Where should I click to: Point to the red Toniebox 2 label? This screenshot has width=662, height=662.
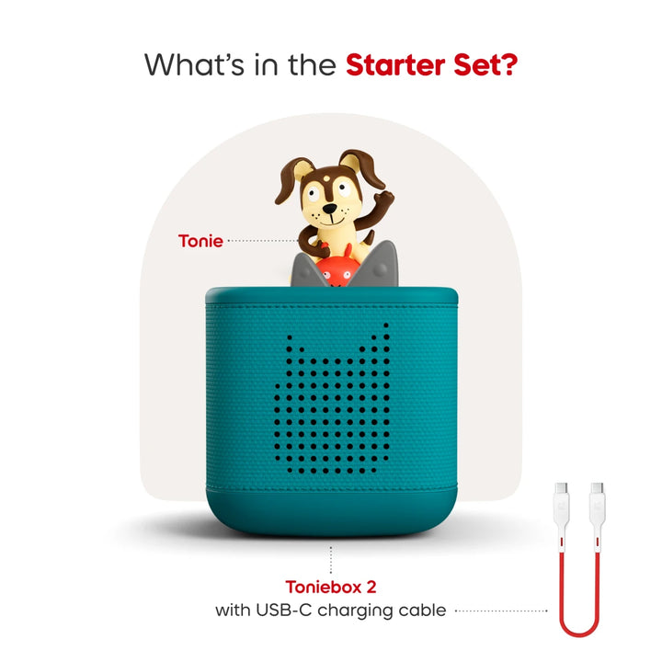(330, 587)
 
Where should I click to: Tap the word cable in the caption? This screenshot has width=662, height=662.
(421, 610)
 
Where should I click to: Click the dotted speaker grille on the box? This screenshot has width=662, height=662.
(331, 401)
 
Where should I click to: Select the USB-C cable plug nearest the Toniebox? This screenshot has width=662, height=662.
(562, 504)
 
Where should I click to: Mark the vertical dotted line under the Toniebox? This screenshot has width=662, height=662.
(331, 555)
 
